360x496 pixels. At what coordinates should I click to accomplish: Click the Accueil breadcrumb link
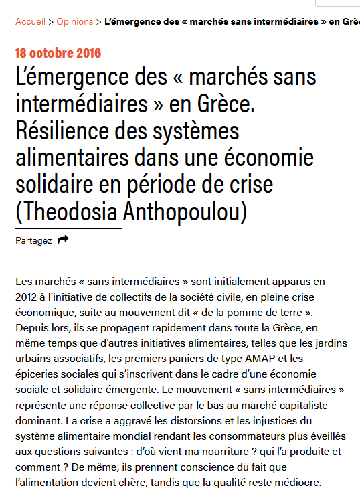[30, 21]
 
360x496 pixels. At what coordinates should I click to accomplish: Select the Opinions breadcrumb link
[74, 21]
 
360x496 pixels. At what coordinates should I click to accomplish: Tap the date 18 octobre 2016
[58, 53]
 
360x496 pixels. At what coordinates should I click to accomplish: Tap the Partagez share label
[33, 240]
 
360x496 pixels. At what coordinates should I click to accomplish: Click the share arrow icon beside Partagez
[63, 240]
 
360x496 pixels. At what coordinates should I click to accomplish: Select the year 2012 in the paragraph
[27, 297]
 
